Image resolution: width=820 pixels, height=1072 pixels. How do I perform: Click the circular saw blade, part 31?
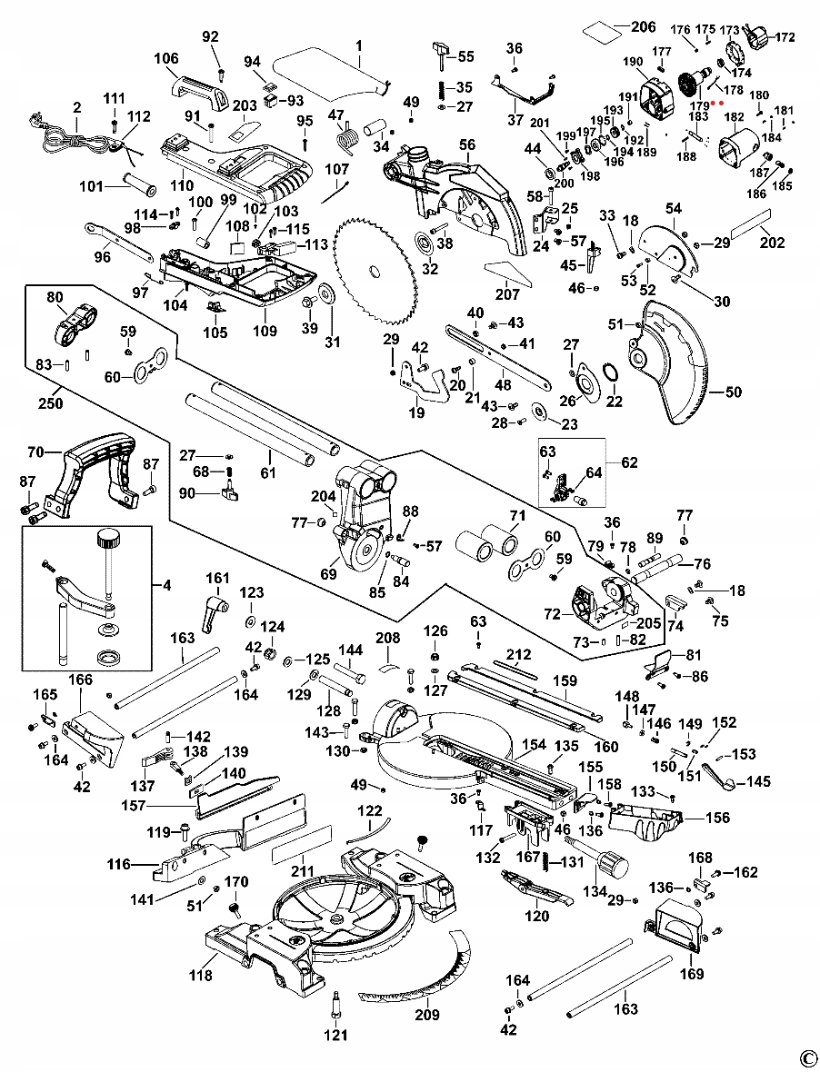[x=375, y=269]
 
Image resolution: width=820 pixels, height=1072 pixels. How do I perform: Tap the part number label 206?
[x=643, y=26]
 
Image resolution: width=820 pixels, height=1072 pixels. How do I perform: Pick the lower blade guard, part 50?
[x=673, y=368]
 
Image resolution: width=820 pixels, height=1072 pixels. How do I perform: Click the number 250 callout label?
[x=51, y=403]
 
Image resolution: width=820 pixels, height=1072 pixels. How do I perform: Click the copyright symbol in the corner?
[x=806, y=1057]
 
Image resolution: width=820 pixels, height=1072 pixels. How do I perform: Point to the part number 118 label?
[x=201, y=976]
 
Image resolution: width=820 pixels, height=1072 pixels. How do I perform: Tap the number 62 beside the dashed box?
[x=629, y=462]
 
